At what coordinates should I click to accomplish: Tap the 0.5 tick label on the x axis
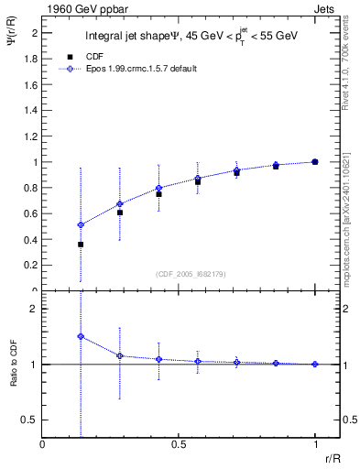tap(179, 444)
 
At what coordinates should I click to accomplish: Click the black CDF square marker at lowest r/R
tap(81, 245)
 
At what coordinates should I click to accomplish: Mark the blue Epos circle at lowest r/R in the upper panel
tap(81, 224)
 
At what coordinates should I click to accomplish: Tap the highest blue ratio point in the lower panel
tap(81, 336)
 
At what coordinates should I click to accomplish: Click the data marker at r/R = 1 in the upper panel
tap(315, 161)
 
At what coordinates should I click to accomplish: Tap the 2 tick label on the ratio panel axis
tap(32, 309)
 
